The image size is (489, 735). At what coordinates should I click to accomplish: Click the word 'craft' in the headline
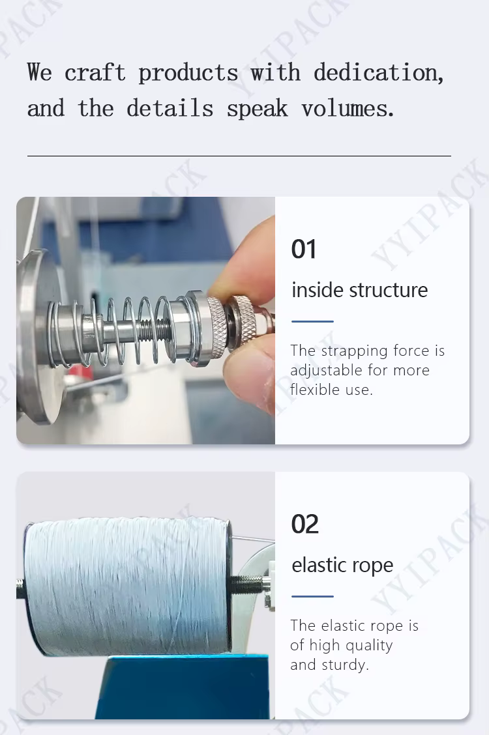95,72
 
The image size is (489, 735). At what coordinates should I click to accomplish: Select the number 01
303,249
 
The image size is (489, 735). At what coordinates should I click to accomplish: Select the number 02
304,524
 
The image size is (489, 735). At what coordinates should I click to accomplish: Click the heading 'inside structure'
360,290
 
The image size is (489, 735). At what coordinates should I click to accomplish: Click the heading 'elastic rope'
342,566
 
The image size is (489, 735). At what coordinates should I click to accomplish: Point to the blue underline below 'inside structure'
312,321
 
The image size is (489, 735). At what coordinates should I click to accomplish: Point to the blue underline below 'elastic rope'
312,596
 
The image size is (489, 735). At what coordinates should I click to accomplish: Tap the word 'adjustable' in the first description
325,371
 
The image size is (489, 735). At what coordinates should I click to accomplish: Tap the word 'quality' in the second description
367,646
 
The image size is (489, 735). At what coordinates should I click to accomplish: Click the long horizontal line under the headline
239,156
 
